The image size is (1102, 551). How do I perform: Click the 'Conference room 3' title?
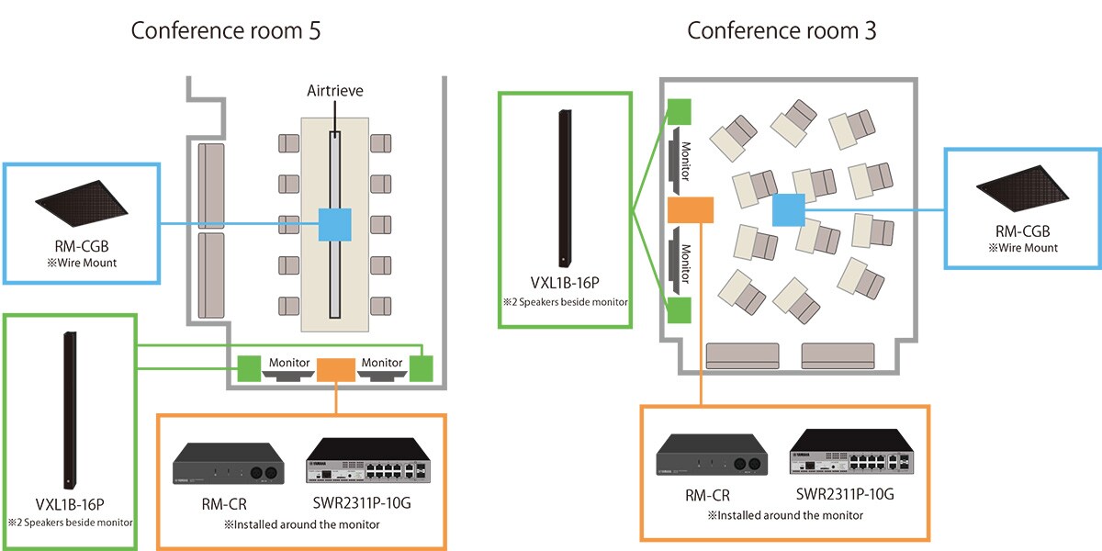[782, 30]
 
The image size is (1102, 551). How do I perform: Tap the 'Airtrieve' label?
[334, 92]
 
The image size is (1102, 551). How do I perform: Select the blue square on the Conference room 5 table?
[334, 225]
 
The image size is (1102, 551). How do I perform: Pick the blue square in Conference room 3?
[788, 210]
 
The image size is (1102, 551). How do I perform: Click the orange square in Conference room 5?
[335, 369]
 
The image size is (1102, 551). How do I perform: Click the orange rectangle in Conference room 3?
[691, 210]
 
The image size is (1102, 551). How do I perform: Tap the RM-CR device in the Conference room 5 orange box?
[224, 465]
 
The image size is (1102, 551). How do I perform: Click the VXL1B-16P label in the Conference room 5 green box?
[70, 505]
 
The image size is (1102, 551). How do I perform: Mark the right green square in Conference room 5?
[422, 369]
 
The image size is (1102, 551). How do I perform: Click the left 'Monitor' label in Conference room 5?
[290, 363]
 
